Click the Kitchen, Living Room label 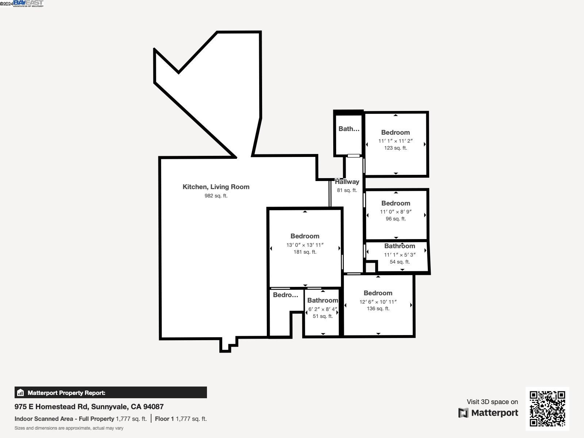click(x=216, y=187)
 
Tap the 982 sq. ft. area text click(x=216, y=196)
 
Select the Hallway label click(x=347, y=182)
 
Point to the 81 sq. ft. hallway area click(x=347, y=191)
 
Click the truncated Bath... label click(x=349, y=129)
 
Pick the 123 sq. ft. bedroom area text click(x=395, y=148)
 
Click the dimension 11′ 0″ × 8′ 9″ click(x=396, y=212)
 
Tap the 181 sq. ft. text click(x=305, y=252)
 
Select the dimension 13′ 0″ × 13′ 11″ click(x=305, y=245)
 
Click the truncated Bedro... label click(x=285, y=295)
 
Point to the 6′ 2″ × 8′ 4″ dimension click(x=323, y=309)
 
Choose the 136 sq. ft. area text click(x=378, y=309)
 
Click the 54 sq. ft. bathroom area click(x=400, y=262)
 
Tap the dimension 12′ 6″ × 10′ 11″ click(x=378, y=302)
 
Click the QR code click(x=547, y=408)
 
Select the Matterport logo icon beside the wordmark click(x=463, y=413)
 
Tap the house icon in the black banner click(x=20, y=393)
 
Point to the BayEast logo click(x=28, y=4)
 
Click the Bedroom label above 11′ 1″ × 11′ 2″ click(x=395, y=132)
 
